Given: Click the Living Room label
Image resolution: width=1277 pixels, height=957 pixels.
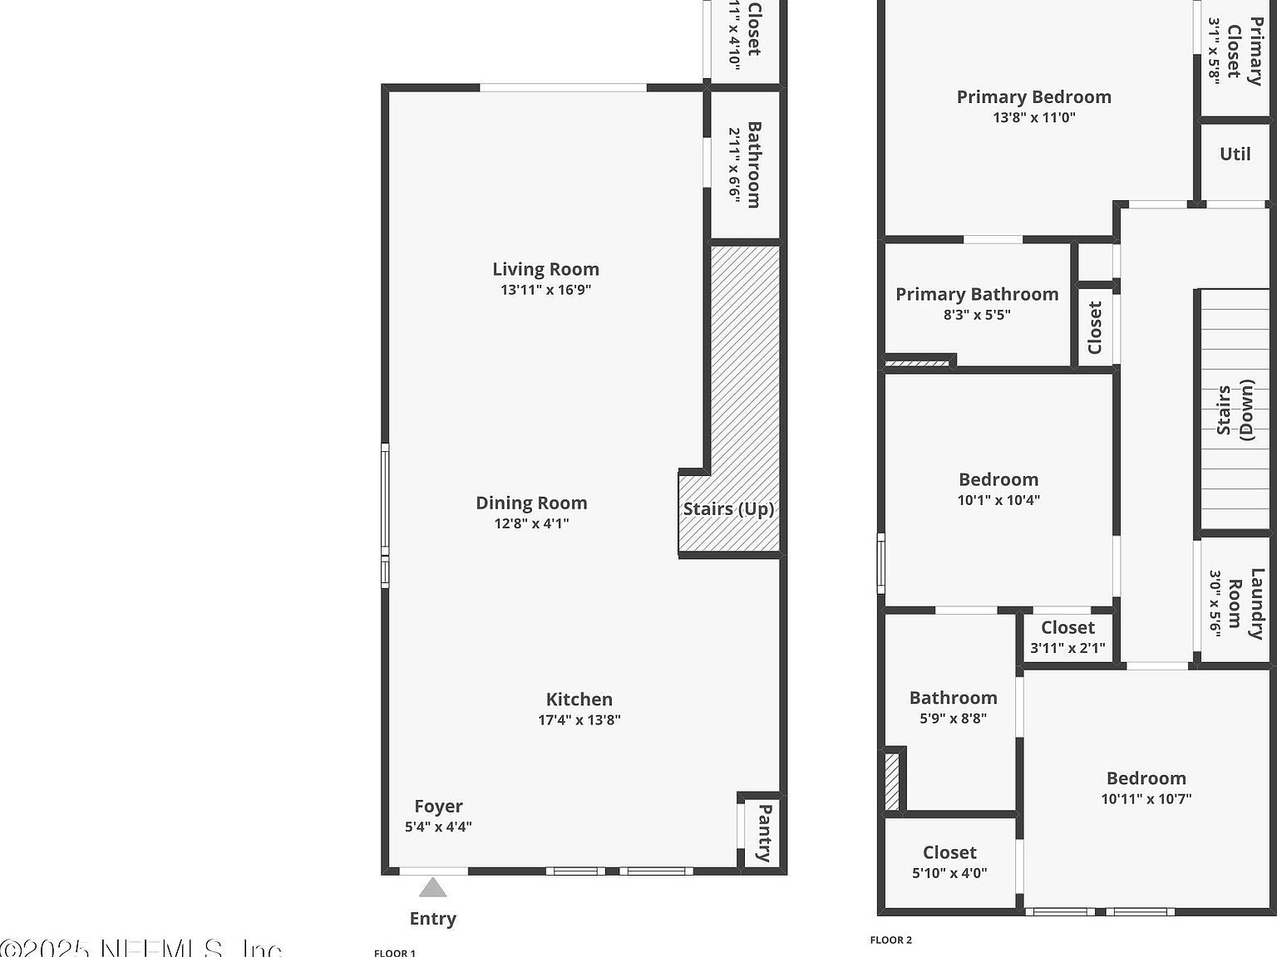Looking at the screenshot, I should [x=545, y=269].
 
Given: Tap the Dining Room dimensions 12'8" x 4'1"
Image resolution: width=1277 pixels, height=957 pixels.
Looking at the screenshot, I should [x=531, y=523].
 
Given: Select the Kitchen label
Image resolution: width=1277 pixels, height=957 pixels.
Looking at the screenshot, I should [x=579, y=699].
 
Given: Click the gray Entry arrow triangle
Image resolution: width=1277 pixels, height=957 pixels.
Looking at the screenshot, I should [x=432, y=888].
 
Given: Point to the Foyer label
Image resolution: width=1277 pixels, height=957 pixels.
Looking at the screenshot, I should [x=438, y=806].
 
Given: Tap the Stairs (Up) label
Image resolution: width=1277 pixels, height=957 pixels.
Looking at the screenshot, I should [x=728, y=509].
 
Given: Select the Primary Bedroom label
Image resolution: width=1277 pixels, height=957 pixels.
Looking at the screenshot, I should [x=1033, y=97].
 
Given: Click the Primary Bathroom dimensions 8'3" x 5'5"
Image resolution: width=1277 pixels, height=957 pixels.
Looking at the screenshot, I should [x=977, y=315].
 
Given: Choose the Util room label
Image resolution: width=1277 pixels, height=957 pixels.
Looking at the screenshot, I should [x=1235, y=154].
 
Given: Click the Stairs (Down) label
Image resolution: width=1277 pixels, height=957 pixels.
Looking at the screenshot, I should [x=1235, y=410].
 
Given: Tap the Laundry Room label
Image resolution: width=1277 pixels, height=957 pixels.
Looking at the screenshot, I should [x=1245, y=603].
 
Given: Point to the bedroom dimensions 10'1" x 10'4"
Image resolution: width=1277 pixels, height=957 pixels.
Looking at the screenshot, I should [x=998, y=500].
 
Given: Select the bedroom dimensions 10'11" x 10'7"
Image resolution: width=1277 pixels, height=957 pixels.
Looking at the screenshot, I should [x=1146, y=799].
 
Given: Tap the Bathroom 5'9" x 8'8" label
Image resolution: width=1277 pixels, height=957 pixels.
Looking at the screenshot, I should [x=953, y=698].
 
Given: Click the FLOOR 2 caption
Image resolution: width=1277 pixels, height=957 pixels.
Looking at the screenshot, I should [x=890, y=940].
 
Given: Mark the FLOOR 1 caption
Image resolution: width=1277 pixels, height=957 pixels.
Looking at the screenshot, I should [x=394, y=953].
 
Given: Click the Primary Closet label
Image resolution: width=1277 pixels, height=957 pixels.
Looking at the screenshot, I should [x=1244, y=52].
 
